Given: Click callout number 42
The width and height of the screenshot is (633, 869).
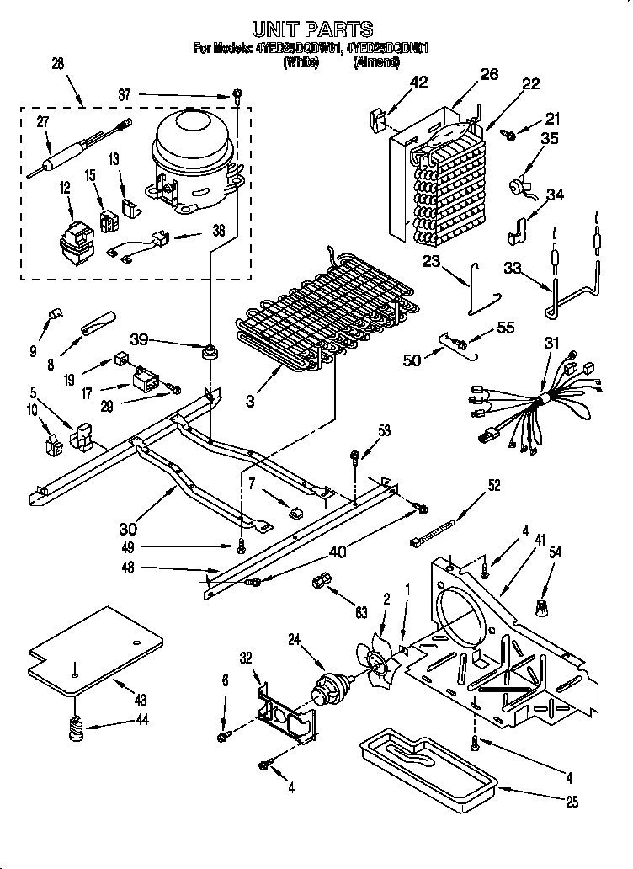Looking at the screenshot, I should [418, 83].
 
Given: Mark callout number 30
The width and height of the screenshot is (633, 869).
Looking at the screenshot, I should [128, 529].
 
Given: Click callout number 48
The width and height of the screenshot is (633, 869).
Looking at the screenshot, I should [128, 569].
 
